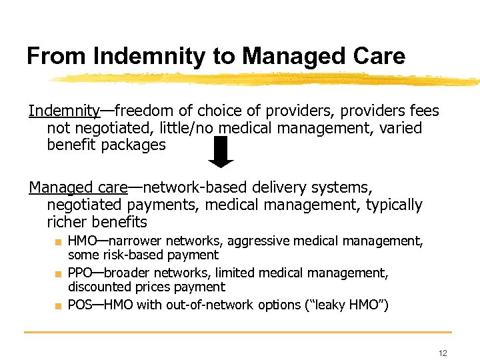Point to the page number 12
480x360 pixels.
pyautogui.click(x=443, y=353)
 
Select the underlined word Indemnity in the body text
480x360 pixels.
pyautogui.click(x=63, y=111)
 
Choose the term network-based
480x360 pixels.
pyautogui.click(x=194, y=187)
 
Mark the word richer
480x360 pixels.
pyautogui.click(x=67, y=222)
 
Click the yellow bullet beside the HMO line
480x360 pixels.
pyautogui.click(x=59, y=241)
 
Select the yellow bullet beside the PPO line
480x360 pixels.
pyautogui.click(x=59, y=273)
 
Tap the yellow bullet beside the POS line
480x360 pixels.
pyautogui.click(x=59, y=306)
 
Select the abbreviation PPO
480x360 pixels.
pyautogui.click(x=80, y=273)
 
